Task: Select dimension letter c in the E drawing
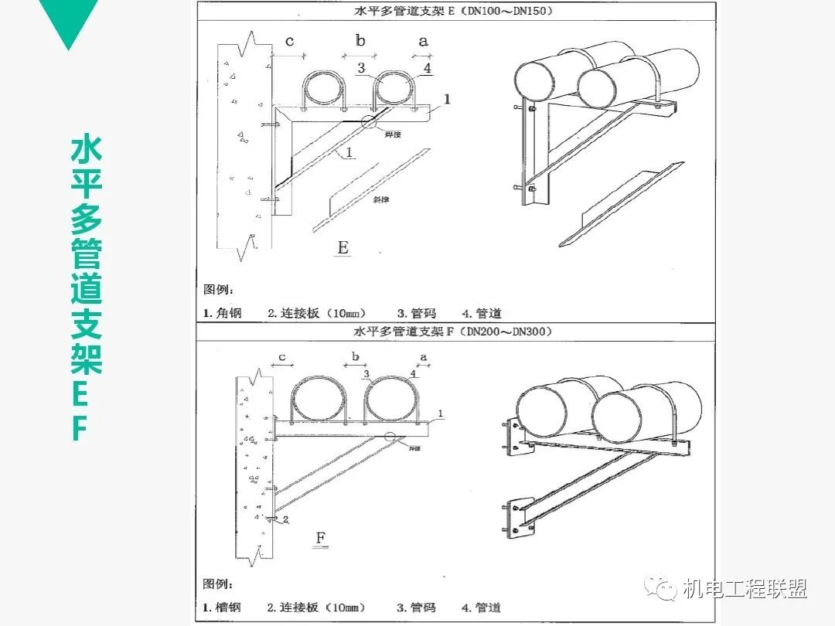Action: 289,41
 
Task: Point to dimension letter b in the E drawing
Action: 360,41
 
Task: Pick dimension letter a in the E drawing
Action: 423,41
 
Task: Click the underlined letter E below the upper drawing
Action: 343,247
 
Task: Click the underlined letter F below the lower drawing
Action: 322,536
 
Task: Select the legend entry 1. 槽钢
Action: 222,607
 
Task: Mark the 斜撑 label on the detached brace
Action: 380,199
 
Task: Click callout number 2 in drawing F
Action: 285,520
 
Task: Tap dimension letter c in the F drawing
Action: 282,357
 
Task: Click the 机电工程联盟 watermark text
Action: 745,589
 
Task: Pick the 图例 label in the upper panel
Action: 218,289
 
